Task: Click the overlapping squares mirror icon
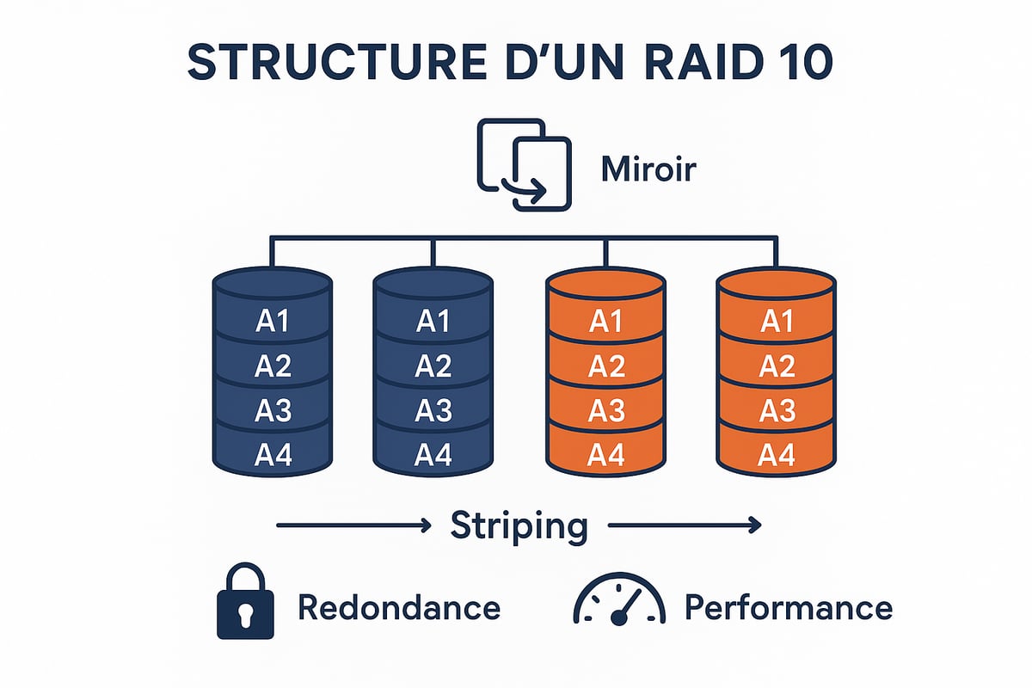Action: [524, 164]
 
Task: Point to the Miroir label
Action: [648, 169]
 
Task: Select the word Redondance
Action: [399, 608]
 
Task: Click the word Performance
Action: [789, 608]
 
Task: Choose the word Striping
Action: [519, 525]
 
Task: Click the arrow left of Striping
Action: [352, 524]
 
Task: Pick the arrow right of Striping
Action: [685, 524]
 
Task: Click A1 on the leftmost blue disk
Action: [273, 322]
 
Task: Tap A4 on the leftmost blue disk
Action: [273, 454]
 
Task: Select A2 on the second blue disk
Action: [433, 366]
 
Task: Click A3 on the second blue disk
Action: [433, 410]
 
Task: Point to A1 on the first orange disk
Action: [607, 322]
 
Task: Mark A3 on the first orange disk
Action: [607, 410]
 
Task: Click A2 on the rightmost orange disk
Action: [777, 366]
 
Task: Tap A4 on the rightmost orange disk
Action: [777, 454]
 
